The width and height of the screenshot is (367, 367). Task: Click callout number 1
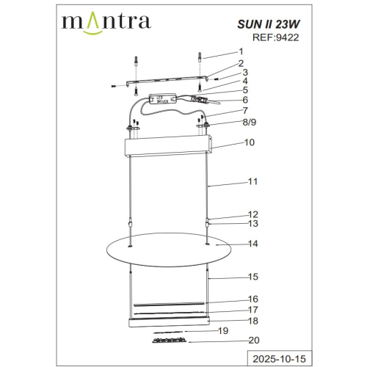[x=239, y=52]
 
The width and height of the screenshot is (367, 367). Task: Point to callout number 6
[x=245, y=100]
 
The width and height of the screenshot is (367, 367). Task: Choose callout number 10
[x=250, y=142]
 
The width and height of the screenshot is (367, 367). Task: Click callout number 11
[x=253, y=180]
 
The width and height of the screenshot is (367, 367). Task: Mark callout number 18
[x=253, y=321]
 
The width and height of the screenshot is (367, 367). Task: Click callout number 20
[x=254, y=340]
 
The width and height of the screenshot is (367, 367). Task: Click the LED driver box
[x=163, y=98]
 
